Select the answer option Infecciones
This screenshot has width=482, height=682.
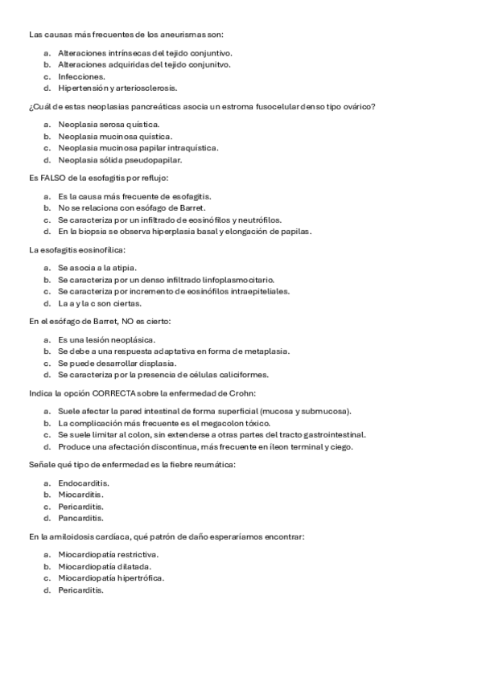tap(76, 76)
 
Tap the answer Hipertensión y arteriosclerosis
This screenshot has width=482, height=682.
tap(117, 88)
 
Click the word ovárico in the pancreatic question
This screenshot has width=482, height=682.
tap(361, 107)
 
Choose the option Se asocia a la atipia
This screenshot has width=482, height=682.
tap(97, 267)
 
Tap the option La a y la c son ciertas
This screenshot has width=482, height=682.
tap(101, 303)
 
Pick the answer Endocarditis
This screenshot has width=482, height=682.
tap(84, 483)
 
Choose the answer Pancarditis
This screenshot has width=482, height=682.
tap(80, 518)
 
